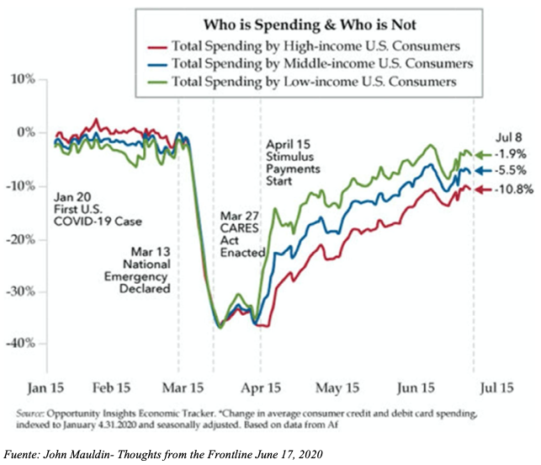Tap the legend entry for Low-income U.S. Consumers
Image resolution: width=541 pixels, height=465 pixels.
[314, 82]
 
